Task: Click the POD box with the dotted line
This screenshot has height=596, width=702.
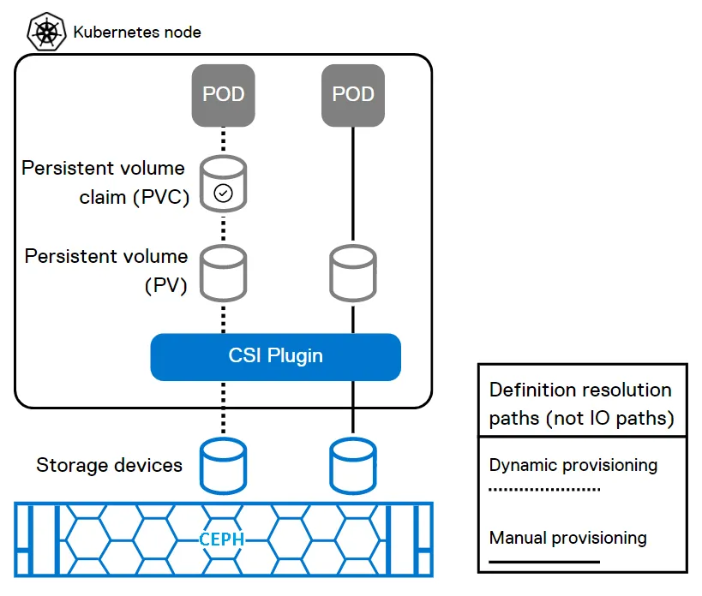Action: coord(223,93)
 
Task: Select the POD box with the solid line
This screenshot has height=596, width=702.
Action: coord(352,93)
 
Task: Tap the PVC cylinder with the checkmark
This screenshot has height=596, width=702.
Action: coord(223,183)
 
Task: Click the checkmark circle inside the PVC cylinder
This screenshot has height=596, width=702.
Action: coord(223,194)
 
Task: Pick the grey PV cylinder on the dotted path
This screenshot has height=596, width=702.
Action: coord(223,272)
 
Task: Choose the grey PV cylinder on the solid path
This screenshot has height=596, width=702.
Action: coord(352,272)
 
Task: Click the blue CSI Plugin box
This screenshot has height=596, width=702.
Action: coord(276,356)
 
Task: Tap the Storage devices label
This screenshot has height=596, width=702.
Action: coord(109,466)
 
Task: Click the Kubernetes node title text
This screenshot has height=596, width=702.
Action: coord(137,33)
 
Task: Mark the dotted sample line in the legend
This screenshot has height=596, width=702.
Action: coord(544,491)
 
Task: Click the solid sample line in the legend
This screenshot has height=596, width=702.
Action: coord(544,563)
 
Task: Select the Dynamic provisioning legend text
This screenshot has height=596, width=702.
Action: coord(573,466)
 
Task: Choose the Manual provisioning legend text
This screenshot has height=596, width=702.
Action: coord(568,539)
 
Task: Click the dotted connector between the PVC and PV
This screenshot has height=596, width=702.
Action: coord(223,228)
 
